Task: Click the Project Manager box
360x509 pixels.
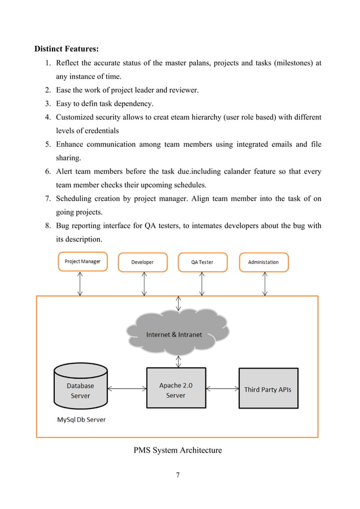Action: click(x=83, y=262)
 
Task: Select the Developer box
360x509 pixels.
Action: click(x=143, y=262)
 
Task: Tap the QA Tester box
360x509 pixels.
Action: click(x=203, y=262)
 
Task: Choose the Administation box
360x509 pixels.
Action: click(x=263, y=262)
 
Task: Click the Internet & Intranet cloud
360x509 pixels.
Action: click(x=174, y=334)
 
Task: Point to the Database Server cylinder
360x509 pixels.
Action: click(x=80, y=387)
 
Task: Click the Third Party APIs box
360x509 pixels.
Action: click(x=268, y=389)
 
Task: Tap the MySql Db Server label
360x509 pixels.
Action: click(x=81, y=420)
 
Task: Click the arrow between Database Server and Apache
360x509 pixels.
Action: click(x=127, y=388)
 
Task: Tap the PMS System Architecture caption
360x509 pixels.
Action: click(x=178, y=450)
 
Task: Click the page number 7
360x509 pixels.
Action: click(x=178, y=475)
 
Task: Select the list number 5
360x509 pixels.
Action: click(x=49, y=144)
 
